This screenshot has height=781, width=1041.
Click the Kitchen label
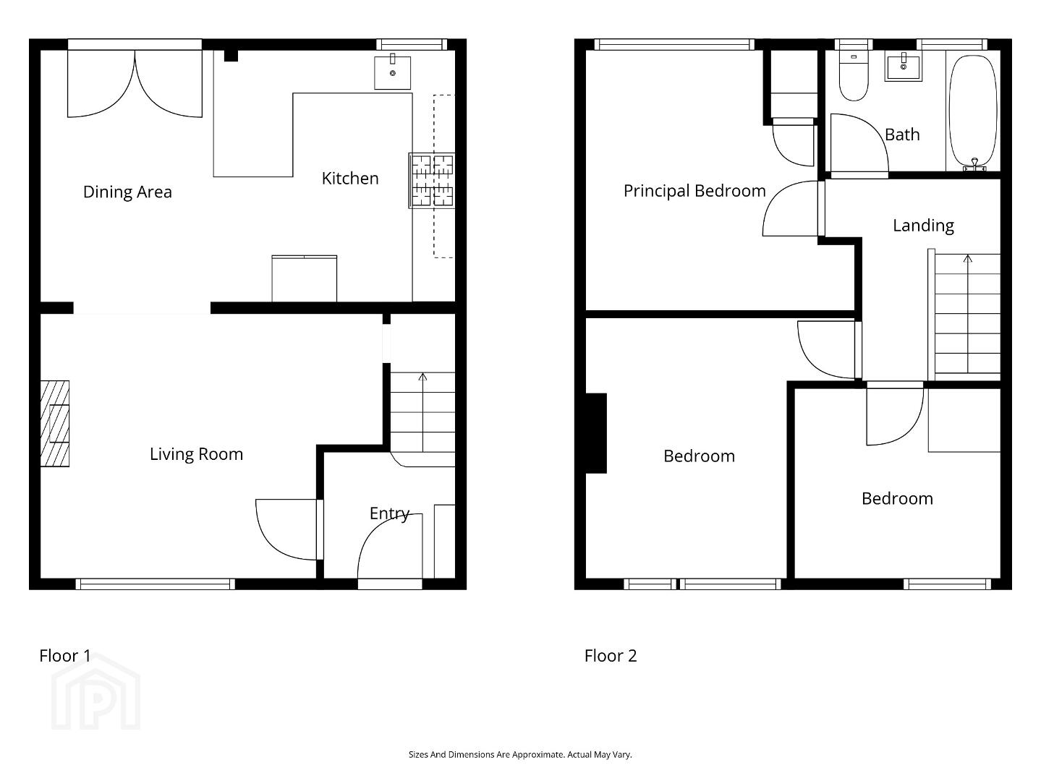click(x=350, y=179)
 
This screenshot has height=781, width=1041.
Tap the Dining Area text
click(x=127, y=192)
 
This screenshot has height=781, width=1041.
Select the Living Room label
click(x=196, y=454)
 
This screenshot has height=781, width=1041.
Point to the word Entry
click(x=389, y=513)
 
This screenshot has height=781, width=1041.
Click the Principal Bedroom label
click(x=694, y=192)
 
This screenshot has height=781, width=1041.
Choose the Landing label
click(x=923, y=226)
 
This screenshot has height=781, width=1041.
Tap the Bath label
click(x=902, y=135)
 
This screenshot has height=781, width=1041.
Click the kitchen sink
click(x=392, y=72)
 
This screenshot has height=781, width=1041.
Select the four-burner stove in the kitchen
click(x=432, y=181)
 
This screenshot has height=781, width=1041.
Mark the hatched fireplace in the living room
click(x=55, y=424)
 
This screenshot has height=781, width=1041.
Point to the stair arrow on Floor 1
click(x=422, y=412)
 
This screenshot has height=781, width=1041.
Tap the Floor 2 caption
click(x=611, y=656)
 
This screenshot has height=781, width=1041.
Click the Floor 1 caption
click(x=65, y=656)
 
